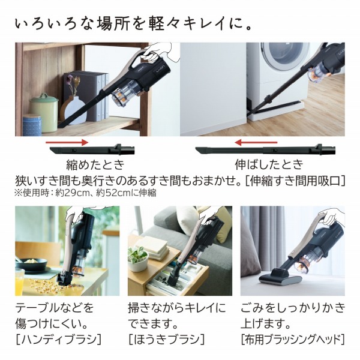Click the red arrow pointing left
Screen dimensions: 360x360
(254, 143)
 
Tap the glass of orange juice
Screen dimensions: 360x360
(20, 282)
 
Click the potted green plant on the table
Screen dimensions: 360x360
(138, 259)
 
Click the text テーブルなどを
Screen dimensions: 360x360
(53, 309)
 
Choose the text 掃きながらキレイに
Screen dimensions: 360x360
(177, 309)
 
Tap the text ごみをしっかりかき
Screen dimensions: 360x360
(292, 309)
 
